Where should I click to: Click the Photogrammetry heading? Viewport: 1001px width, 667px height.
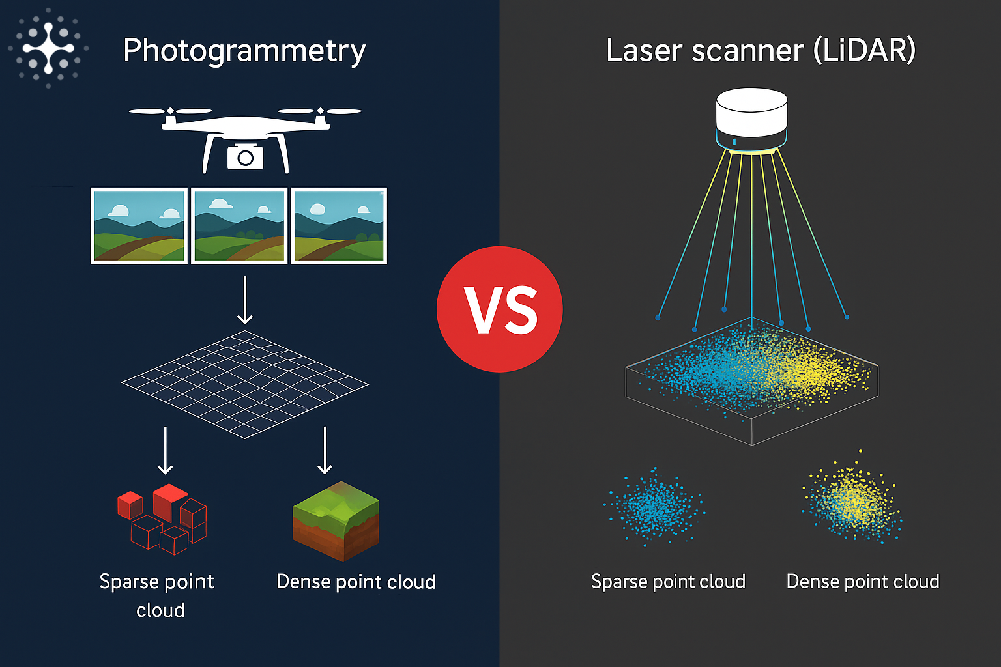point(244,51)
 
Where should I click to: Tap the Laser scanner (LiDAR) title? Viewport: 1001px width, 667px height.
point(761,50)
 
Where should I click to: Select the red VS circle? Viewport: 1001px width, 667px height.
point(499,309)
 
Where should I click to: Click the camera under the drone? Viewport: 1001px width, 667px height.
point(245,157)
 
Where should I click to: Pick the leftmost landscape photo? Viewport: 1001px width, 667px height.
point(139,225)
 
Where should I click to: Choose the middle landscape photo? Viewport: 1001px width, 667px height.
point(239,225)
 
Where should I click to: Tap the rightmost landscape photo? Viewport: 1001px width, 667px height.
point(339,225)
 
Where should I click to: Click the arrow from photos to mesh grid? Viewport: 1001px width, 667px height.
point(245,300)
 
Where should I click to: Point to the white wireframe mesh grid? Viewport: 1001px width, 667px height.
point(244,384)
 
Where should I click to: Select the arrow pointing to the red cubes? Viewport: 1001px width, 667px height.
point(166,450)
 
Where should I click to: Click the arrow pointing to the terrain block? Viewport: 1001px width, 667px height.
point(325,450)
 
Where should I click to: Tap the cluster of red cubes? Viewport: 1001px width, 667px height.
point(163,518)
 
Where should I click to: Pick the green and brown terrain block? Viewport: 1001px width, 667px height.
point(336,521)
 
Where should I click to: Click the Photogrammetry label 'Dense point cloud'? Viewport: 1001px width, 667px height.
point(356,582)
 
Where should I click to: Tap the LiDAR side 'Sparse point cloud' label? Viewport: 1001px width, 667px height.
point(668,581)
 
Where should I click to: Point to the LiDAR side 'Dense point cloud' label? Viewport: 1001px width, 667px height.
point(863,581)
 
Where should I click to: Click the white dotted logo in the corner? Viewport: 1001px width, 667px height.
point(48,48)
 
